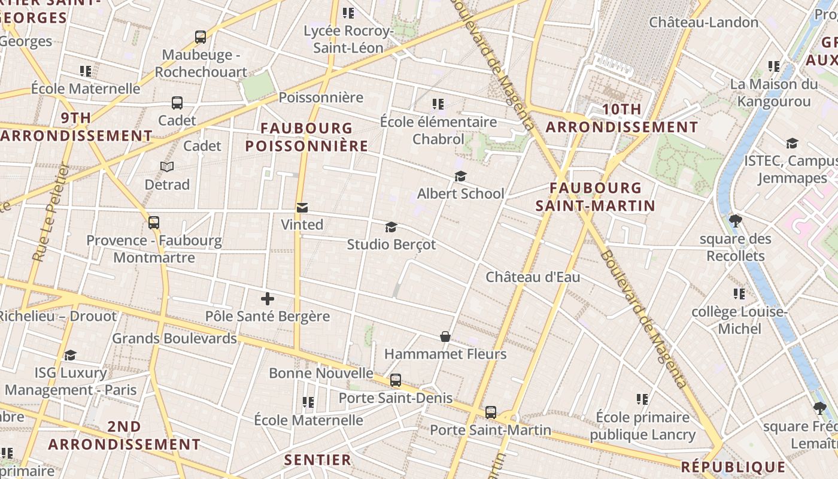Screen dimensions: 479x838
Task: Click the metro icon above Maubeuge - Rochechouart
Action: point(201,37)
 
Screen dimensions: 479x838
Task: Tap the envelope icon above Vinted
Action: point(302,208)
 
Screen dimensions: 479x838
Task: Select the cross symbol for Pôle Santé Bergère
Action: point(267,298)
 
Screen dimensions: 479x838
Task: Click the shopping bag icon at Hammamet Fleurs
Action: point(445,336)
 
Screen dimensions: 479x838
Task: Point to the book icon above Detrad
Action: point(167,166)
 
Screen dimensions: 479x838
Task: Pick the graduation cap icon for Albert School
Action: point(460,176)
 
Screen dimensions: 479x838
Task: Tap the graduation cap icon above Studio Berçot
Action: point(391,227)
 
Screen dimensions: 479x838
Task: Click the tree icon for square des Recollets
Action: point(736,221)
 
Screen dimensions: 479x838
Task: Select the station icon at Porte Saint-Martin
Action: point(491,412)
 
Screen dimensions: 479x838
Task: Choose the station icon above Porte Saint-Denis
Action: point(396,380)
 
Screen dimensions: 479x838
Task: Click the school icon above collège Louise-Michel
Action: point(739,294)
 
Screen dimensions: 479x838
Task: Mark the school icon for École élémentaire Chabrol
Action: point(438,104)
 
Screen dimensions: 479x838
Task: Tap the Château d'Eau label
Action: point(533,277)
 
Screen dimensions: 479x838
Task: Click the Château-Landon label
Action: point(704,23)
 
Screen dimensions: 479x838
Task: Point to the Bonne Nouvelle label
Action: point(321,373)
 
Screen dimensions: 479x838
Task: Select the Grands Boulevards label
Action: point(175,338)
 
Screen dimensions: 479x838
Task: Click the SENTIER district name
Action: point(318,460)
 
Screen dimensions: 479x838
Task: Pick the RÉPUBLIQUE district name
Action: point(733,467)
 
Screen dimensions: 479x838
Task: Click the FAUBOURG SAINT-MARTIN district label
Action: point(595,197)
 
